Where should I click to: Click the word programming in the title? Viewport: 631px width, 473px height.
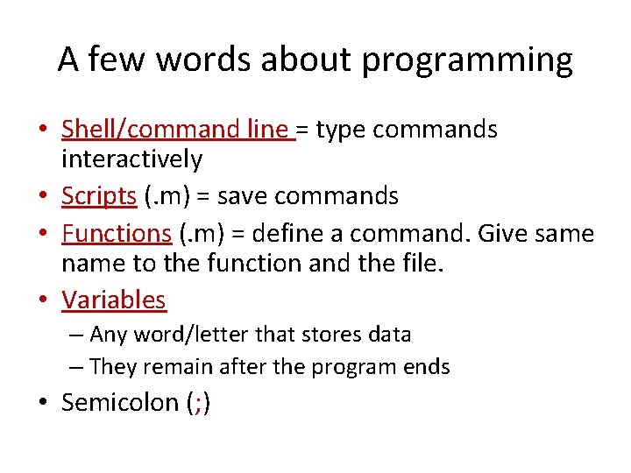click(466, 60)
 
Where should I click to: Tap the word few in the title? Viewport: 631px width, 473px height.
click(115, 60)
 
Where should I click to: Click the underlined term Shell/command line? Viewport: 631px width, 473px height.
click(176, 130)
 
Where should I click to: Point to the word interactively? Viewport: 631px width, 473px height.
click(131, 159)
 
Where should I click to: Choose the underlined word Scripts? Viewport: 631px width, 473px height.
click(98, 196)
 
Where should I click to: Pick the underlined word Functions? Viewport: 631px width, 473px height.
click(116, 233)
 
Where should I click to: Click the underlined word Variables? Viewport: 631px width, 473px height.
click(113, 300)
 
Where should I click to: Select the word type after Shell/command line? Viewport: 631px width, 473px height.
click(340, 130)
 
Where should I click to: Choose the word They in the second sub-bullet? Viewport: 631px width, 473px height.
click(111, 366)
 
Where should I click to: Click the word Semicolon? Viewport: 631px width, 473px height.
click(119, 403)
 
